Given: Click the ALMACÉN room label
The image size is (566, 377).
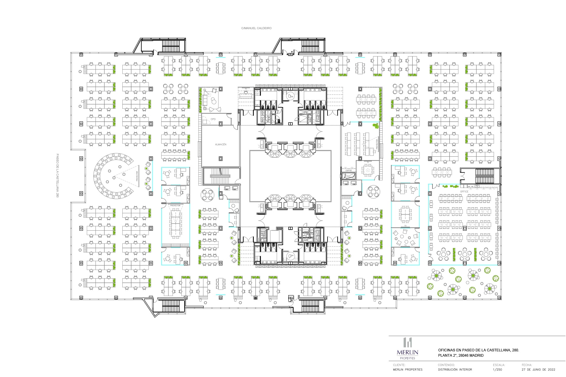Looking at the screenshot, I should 221,144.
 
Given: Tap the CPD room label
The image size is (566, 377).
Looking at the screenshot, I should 213,119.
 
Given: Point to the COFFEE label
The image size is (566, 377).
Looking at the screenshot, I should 348,170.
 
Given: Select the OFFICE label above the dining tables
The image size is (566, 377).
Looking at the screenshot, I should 464,191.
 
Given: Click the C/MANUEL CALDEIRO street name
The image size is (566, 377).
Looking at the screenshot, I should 256,28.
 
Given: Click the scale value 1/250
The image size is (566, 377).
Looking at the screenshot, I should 497,369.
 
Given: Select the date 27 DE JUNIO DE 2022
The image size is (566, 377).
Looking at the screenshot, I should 538,369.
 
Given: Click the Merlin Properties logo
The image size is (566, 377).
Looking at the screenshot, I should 407,348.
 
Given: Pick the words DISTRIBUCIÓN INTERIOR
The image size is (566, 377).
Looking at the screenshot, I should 455,369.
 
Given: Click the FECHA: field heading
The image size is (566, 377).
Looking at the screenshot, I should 526,365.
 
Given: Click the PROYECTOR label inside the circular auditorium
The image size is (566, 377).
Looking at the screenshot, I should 137,176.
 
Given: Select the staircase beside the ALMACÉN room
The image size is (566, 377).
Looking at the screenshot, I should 220,176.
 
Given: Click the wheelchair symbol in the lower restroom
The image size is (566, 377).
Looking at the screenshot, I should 290,256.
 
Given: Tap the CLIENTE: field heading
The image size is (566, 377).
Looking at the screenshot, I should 399,365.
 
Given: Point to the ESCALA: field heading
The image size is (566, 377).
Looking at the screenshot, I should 499,365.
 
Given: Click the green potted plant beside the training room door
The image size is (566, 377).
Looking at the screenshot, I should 375,126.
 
